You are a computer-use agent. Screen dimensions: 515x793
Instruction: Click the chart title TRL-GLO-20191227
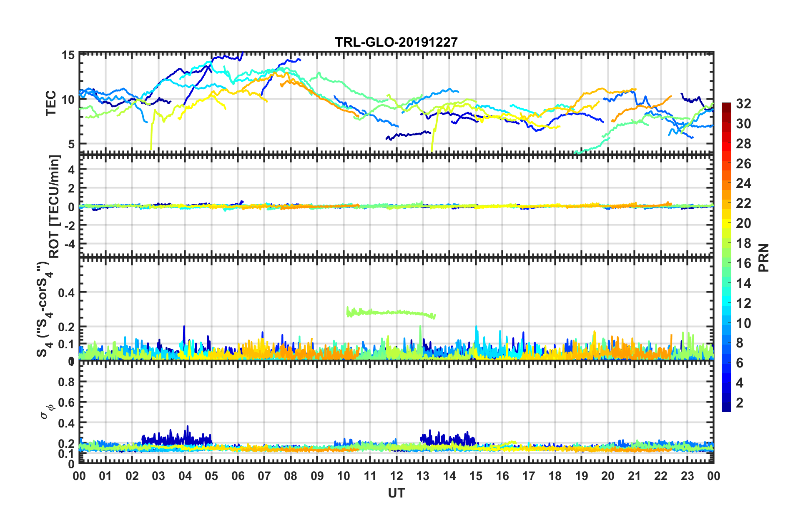coord(396,42)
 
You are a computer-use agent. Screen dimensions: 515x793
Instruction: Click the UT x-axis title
coord(396,493)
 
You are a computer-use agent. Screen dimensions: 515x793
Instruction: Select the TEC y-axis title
coord(51,103)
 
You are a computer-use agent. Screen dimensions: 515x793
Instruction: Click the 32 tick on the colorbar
coord(743,104)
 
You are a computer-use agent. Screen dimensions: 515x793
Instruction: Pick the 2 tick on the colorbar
coord(740,402)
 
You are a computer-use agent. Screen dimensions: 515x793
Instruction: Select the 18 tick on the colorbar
coord(743,243)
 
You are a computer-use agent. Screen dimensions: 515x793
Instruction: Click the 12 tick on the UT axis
coord(396,476)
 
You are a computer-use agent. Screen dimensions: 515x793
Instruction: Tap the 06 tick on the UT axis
coord(238,476)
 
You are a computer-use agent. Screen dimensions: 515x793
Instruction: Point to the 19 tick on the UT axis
coord(582,476)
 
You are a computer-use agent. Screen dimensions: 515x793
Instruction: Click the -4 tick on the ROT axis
coord(68,243)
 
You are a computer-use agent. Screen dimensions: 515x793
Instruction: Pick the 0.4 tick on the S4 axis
coord(66,292)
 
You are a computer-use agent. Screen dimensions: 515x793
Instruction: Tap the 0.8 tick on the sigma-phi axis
coord(66,382)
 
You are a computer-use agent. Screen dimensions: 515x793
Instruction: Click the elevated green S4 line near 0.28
coord(392,312)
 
